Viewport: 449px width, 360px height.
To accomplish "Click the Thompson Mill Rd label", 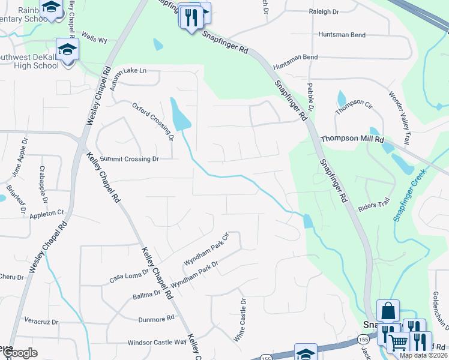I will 352,139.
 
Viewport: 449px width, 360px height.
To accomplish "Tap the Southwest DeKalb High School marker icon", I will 67,49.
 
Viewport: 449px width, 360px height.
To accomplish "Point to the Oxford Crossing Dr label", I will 153,121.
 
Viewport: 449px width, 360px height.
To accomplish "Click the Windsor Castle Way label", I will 157,342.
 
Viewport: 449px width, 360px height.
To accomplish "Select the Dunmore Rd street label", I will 155,319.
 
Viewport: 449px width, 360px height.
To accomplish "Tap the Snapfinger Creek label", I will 409,195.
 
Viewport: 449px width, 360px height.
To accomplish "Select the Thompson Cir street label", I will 354,107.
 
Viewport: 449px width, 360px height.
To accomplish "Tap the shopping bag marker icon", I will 388,311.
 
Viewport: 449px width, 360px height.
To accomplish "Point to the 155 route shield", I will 267,358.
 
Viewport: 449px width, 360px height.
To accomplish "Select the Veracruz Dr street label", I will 41,322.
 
